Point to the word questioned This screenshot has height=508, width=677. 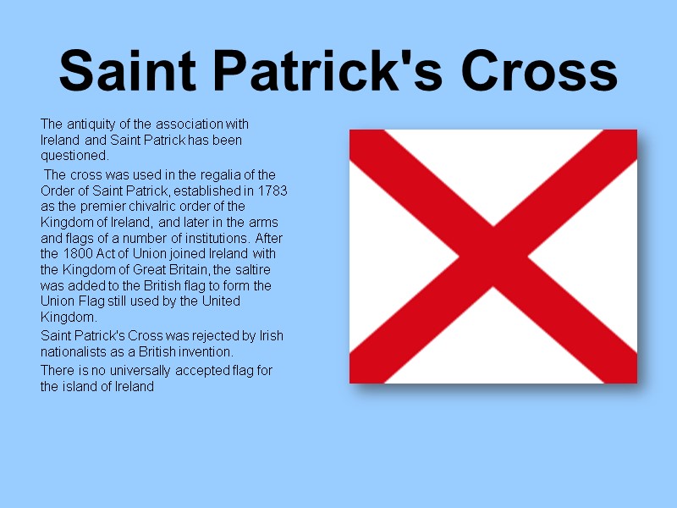[74, 156]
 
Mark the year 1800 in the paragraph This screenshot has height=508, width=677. [76, 254]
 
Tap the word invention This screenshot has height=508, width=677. [206, 351]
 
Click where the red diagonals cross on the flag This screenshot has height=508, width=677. [493, 256]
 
